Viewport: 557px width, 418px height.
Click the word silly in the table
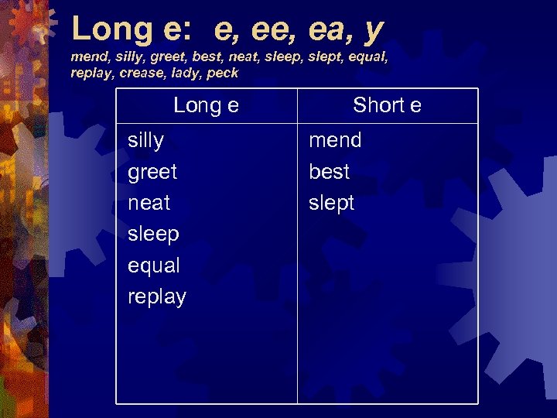pyautogui.click(x=145, y=141)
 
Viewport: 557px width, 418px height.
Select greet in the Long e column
pyautogui.click(x=152, y=172)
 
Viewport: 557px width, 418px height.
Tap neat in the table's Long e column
pyautogui.click(x=149, y=203)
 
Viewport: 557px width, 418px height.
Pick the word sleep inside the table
pyautogui.click(x=153, y=235)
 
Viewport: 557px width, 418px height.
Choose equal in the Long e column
pyautogui.click(x=154, y=266)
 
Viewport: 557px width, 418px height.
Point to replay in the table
pyautogui.click(x=157, y=297)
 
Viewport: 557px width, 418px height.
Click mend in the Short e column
pyautogui.click(x=335, y=140)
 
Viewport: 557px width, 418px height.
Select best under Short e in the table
pyautogui.click(x=329, y=172)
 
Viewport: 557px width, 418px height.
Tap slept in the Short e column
pyautogui.click(x=331, y=203)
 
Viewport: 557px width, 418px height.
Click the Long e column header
pyautogui.click(x=206, y=105)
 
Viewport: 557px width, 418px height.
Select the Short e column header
pyautogui.click(x=387, y=105)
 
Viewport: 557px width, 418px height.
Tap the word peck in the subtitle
pyautogui.click(x=223, y=74)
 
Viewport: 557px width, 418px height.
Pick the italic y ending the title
pyautogui.click(x=374, y=31)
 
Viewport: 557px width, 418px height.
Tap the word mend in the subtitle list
pyautogui.click(x=87, y=57)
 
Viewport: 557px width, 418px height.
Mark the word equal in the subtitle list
pyautogui.click(x=366, y=57)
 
